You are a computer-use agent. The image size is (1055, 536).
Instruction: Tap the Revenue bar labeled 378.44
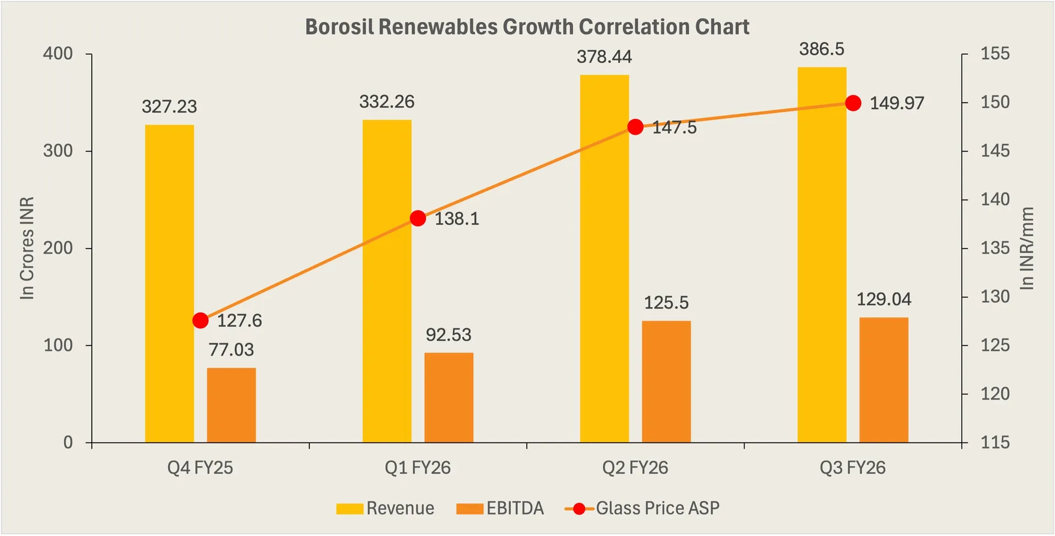pos(604,258)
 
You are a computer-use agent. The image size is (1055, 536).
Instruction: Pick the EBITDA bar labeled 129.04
pos(883,379)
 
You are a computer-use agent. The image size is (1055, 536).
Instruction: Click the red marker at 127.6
pos(201,321)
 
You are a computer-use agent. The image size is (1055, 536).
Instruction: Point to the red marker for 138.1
pos(418,218)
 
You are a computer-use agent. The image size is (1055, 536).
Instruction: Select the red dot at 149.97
pos(853,103)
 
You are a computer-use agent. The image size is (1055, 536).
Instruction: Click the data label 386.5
pos(821,49)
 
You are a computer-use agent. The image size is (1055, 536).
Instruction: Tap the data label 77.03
pos(231,350)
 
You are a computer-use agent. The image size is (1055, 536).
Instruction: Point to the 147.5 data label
pos(674,128)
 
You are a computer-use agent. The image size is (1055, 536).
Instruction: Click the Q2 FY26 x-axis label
pos(635,468)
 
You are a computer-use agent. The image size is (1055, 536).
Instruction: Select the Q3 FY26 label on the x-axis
pos(852,468)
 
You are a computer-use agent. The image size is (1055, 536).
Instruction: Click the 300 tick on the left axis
pos(58,151)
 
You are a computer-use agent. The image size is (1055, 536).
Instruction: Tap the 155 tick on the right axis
pos(995,54)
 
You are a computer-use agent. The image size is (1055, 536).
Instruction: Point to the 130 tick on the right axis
pos(995,297)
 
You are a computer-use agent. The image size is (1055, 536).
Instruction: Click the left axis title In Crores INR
pos(27,248)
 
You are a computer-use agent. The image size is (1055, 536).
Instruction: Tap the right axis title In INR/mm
pos(1026,248)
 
